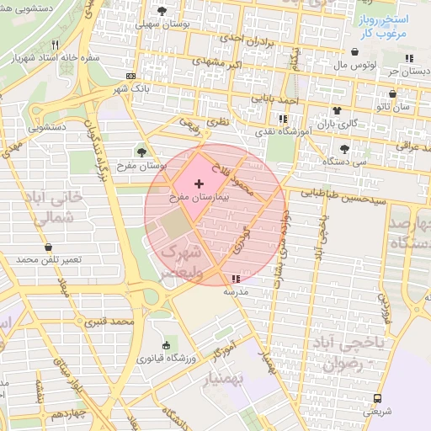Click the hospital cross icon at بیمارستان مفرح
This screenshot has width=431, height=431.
(199, 184)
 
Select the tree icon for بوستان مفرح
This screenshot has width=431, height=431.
(141, 152)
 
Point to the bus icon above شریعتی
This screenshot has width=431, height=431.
(376, 398)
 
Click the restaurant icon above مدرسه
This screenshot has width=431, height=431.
(234, 278)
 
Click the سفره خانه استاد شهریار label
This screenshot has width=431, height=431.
(51, 60)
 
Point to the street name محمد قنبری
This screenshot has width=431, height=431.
(115, 322)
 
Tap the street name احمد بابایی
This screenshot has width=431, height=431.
(279, 100)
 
